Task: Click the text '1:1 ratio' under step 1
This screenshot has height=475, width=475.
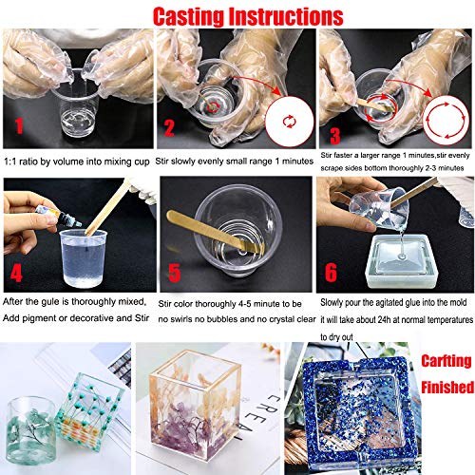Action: coord(24,159)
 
